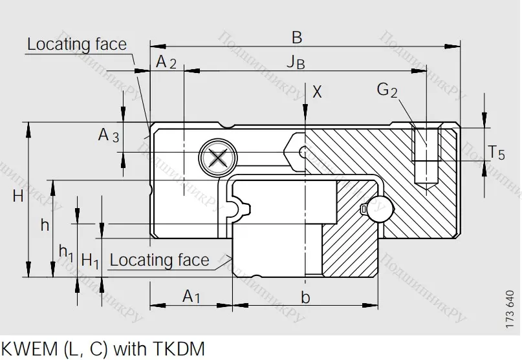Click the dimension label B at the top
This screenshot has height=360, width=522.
296,37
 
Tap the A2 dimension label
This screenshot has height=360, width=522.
166,62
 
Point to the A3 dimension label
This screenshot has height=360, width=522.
108,136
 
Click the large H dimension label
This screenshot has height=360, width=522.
17,196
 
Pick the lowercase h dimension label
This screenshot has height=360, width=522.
45,225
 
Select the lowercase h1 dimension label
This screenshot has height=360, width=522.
66,251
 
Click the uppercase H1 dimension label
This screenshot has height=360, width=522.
90,260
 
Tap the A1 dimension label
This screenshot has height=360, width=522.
191,297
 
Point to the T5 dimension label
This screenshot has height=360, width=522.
496,153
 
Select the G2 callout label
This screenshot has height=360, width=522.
387,90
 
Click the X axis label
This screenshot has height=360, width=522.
316,91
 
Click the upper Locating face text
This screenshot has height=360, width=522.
76,45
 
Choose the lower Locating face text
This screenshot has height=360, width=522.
159,260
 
